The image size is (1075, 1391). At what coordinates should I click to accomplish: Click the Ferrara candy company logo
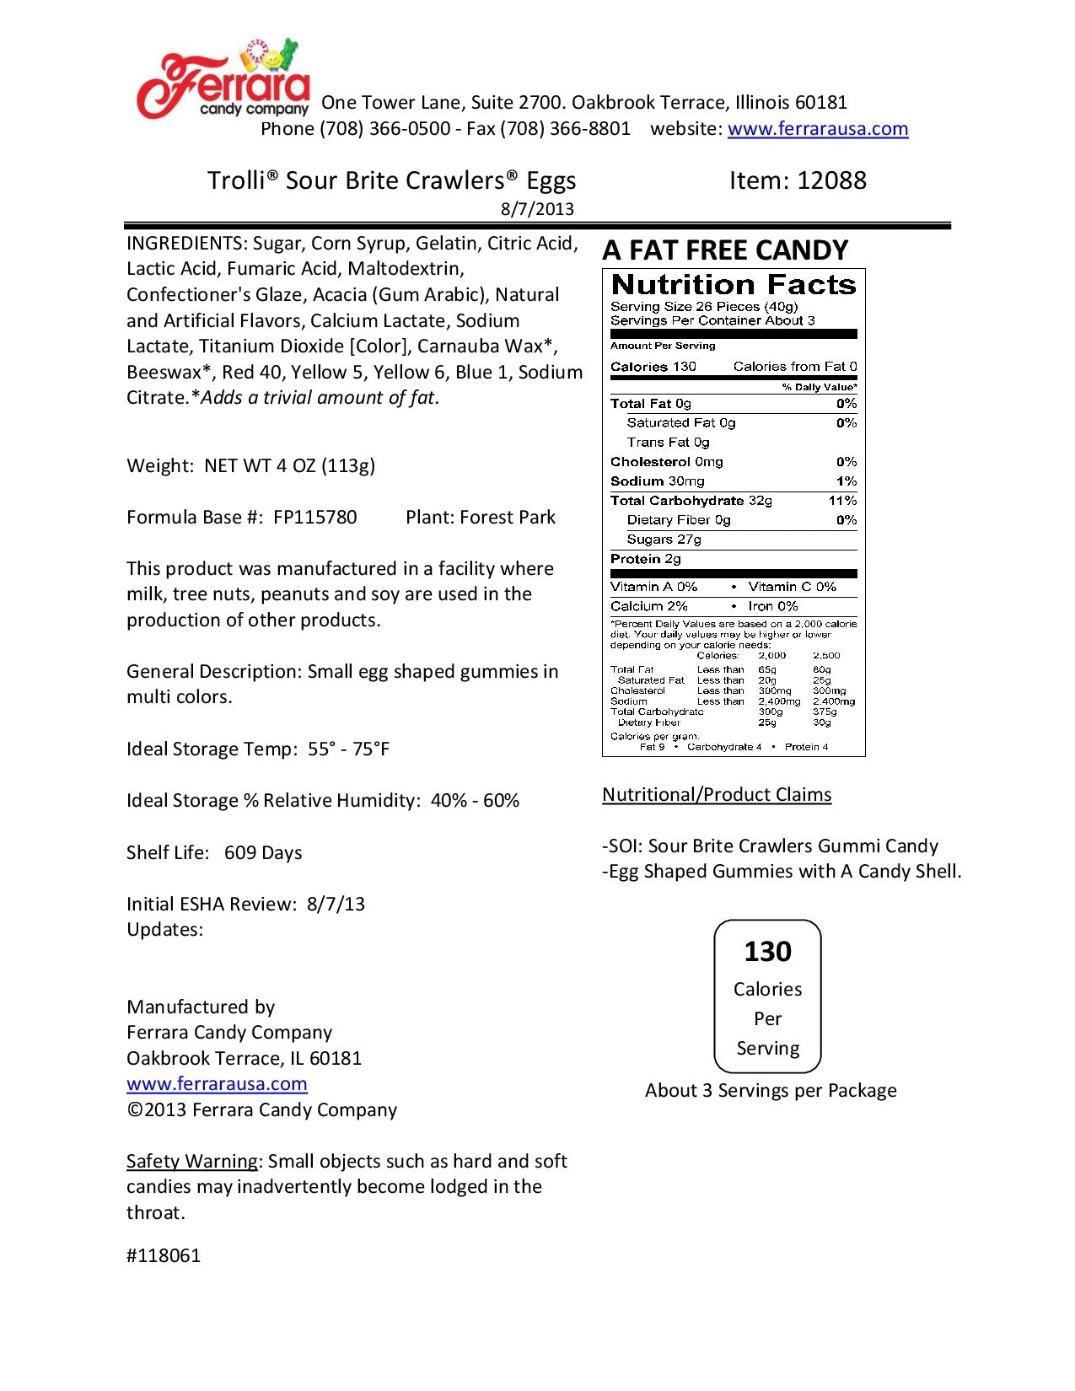(223, 80)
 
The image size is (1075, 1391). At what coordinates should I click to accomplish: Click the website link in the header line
(817, 129)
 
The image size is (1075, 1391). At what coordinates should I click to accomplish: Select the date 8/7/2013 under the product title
(537, 209)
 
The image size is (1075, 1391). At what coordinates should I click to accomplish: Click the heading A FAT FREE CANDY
(725, 250)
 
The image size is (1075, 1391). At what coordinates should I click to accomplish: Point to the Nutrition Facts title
(733, 285)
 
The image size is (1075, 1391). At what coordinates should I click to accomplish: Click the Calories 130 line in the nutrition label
(653, 367)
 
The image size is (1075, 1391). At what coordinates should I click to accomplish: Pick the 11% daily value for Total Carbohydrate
(842, 501)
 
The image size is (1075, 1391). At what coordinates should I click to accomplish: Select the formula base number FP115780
(314, 518)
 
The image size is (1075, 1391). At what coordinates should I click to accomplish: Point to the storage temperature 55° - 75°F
(348, 749)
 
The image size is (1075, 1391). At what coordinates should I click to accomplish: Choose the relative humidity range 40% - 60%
(475, 801)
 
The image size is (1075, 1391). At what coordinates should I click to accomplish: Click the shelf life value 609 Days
(263, 853)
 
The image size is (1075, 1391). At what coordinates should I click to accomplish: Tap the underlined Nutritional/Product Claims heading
(717, 795)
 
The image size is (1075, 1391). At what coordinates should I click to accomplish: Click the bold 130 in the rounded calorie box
(767, 952)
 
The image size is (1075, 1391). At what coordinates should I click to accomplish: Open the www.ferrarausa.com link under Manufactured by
(217, 1084)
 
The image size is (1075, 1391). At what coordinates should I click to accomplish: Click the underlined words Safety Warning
(192, 1162)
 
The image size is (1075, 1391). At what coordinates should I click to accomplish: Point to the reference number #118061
(164, 1256)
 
